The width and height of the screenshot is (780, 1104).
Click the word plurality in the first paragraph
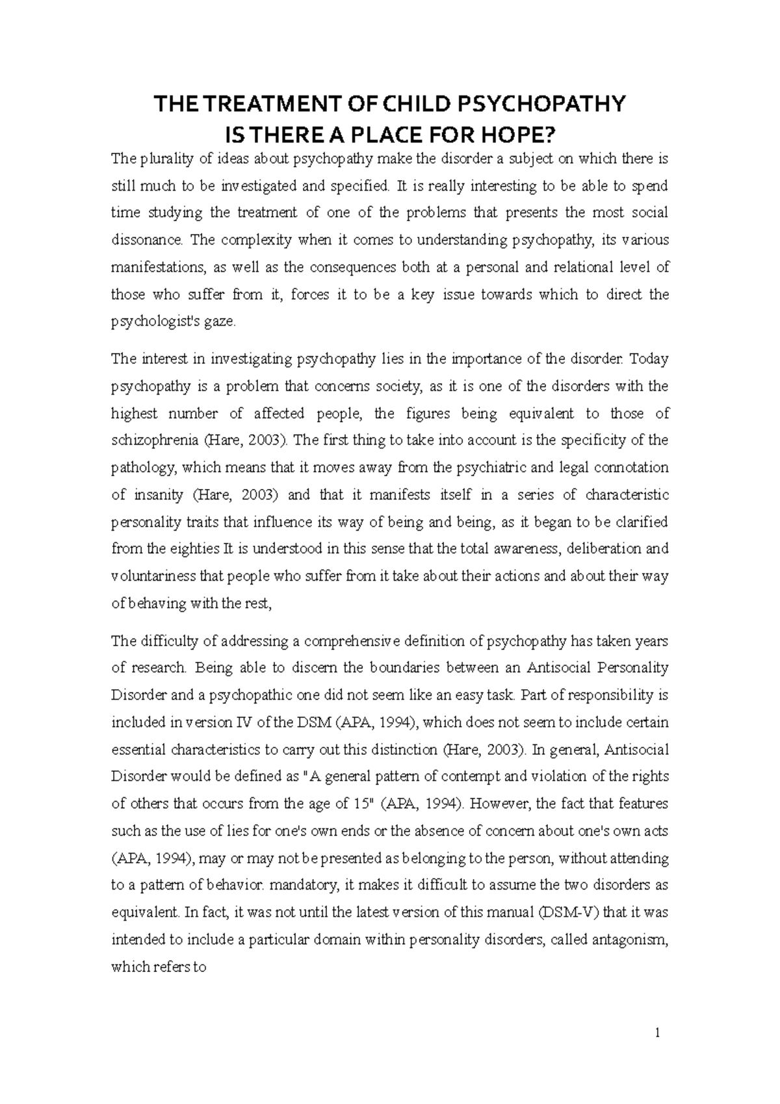pos(162,159)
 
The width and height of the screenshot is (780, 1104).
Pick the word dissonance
pos(148,240)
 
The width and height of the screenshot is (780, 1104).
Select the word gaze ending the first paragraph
pos(221,322)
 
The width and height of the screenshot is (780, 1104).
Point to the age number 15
pos(360,804)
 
